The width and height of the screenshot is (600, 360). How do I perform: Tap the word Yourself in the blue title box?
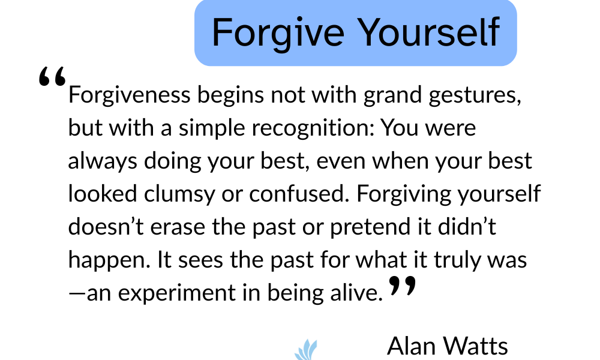430,32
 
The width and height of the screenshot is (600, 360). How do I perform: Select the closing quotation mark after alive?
402,286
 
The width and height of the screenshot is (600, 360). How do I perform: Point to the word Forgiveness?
130,95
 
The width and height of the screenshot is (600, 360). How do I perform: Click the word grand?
392,95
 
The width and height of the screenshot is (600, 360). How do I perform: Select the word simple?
212,128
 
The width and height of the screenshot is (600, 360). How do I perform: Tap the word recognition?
313,128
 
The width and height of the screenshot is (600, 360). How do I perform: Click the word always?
103,161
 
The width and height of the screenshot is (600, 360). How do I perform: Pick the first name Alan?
410,346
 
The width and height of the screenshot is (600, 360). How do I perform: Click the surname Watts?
476,346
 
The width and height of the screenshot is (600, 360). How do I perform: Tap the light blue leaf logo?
307,350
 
